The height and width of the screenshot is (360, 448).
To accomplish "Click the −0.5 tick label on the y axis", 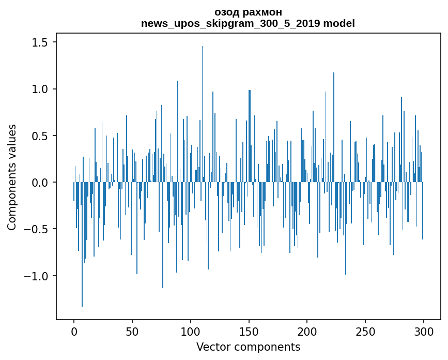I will tap(37, 229).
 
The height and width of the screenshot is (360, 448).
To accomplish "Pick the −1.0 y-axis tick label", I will tap(37, 276).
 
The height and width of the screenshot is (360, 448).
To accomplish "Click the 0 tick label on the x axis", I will tap(74, 331).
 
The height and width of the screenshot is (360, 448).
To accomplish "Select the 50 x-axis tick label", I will tap(132, 331).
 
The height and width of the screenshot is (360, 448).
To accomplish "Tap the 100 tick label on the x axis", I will tap(191, 331).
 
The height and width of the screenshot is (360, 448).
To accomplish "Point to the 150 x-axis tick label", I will tap(249, 331).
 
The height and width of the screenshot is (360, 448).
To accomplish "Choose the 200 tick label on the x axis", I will tap(307, 331).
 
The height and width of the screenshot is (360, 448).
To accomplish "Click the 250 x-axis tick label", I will tap(365, 331).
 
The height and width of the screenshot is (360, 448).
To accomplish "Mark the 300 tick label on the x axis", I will tap(424, 331).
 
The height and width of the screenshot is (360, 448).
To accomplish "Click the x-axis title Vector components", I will tap(248, 347).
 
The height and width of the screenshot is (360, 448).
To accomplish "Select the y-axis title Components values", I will tap(12, 177).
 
